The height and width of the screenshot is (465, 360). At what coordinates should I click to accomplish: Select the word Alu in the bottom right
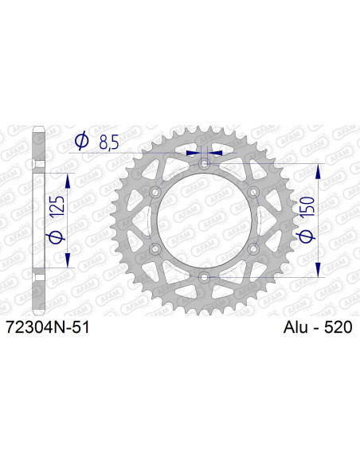coord(299,326)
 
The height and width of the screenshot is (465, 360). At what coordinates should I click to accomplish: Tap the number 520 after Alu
coord(338,326)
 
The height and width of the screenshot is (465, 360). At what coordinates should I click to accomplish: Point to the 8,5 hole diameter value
coord(110,143)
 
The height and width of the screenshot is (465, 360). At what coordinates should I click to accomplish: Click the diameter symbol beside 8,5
coord(81,143)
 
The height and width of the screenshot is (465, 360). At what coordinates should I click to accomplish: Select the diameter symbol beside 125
coord(55,236)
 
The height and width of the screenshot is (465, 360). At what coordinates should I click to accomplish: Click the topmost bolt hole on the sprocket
coord(205,163)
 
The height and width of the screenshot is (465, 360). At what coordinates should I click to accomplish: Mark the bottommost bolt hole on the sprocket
coord(205,277)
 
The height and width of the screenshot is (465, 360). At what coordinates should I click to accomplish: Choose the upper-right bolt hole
coord(254,192)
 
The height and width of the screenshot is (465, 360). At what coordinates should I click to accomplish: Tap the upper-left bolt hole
coord(155,192)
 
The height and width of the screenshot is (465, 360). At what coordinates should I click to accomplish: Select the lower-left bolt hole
coord(155,248)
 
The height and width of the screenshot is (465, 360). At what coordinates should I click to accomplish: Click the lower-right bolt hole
coord(254,248)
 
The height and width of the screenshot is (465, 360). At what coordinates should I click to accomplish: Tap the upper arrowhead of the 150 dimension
coord(319,170)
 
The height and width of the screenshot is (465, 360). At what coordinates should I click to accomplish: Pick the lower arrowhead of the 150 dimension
coord(319,271)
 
